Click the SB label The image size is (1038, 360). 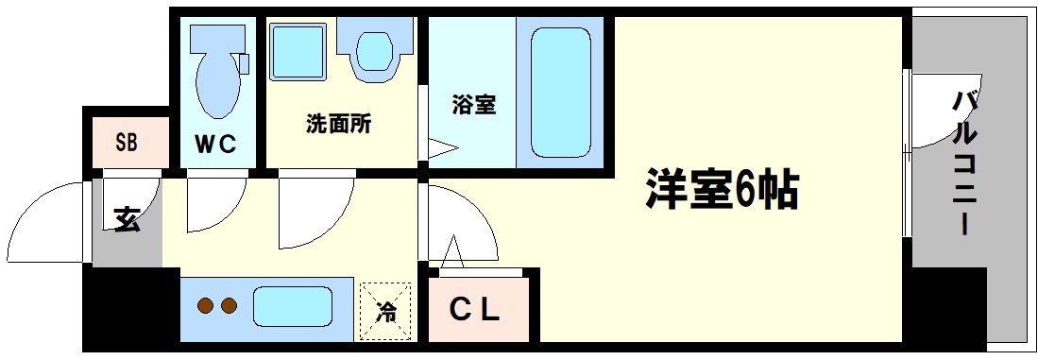pyautogui.click(x=126, y=144)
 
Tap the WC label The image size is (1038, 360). pyautogui.click(x=214, y=144)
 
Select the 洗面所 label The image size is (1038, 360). pyautogui.click(x=337, y=124)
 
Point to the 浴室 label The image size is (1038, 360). pyautogui.click(x=473, y=105)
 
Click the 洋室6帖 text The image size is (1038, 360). pyautogui.click(x=723, y=191)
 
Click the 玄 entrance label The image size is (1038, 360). pyautogui.click(x=127, y=219)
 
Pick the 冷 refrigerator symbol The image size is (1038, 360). pyautogui.click(x=385, y=310)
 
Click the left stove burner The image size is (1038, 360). pyautogui.click(x=205, y=306)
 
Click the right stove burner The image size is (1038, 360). pyautogui.click(x=228, y=306)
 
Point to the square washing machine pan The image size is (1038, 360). pyautogui.click(x=298, y=52)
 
